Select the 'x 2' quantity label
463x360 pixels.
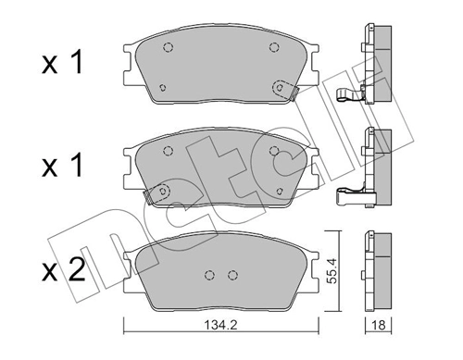[61, 271]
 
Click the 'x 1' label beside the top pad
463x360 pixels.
[61, 65]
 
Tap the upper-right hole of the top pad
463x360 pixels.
[272, 49]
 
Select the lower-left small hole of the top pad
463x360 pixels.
[163, 88]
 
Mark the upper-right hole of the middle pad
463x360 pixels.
[272, 152]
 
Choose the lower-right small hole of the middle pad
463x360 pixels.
[278, 191]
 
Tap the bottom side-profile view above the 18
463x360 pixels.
[378, 274]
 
